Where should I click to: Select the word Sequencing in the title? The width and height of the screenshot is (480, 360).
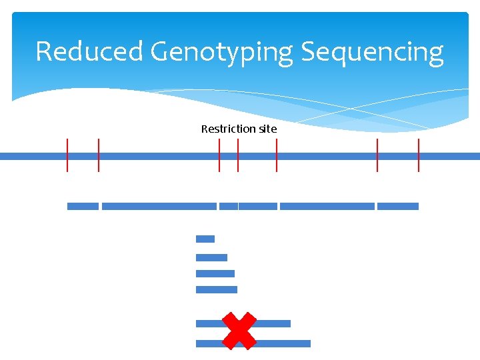click(x=373, y=52)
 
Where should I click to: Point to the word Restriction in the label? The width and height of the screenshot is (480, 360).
click(x=229, y=129)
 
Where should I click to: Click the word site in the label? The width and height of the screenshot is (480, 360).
click(x=267, y=129)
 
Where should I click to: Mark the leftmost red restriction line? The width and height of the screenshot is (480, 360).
click(x=67, y=155)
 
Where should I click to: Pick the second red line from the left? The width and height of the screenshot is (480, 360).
click(x=99, y=155)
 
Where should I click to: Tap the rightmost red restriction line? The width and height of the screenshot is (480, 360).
click(x=419, y=155)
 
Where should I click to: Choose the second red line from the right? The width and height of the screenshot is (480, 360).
click(x=377, y=155)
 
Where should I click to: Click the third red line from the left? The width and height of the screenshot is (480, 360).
click(x=219, y=155)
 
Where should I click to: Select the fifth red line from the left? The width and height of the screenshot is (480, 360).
click(x=277, y=155)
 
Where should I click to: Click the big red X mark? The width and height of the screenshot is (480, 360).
click(x=239, y=331)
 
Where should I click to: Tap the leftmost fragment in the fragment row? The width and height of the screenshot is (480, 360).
click(x=83, y=207)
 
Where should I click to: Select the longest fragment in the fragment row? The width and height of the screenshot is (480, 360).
click(x=159, y=207)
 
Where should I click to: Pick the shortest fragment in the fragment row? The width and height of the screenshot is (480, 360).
click(x=229, y=207)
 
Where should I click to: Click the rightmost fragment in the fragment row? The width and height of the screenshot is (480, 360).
click(x=398, y=207)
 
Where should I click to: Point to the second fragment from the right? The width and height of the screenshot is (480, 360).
click(x=327, y=207)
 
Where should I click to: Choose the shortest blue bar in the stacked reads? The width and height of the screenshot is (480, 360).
click(x=205, y=239)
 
